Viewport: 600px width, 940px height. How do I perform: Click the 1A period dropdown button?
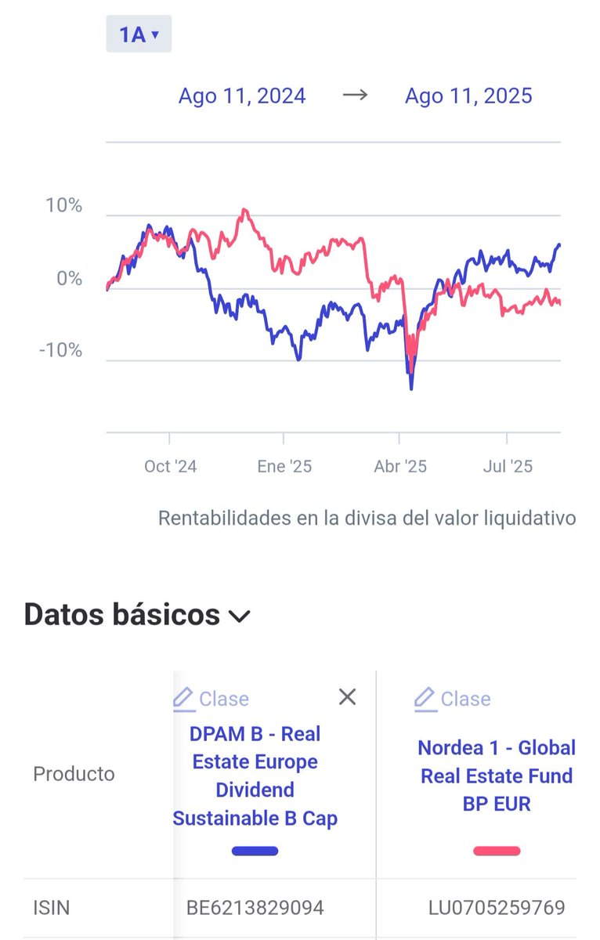(139, 34)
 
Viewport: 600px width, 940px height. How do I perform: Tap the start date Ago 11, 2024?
(242, 96)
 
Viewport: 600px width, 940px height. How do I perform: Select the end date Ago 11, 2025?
(468, 96)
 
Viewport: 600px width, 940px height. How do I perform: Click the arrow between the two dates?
(355, 96)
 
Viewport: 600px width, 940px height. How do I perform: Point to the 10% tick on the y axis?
(63, 206)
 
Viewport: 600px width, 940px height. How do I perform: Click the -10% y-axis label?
(60, 350)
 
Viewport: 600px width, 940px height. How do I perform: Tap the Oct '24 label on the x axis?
(170, 467)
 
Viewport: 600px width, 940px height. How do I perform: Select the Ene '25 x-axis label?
(284, 467)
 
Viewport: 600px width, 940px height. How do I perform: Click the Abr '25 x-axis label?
(400, 467)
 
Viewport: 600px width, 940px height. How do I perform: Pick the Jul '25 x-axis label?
(508, 467)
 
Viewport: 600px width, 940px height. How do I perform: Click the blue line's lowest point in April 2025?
(411, 388)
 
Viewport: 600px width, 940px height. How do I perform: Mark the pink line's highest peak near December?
(244, 210)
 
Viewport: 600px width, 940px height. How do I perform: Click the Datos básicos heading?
(121, 615)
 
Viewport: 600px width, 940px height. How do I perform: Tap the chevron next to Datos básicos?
(239, 616)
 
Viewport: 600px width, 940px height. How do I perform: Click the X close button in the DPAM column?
(347, 696)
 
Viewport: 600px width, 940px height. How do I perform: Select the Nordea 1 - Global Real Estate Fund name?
(496, 775)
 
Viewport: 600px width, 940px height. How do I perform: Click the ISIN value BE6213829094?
(255, 908)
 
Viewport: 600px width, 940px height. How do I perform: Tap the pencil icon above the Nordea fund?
(425, 697)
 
